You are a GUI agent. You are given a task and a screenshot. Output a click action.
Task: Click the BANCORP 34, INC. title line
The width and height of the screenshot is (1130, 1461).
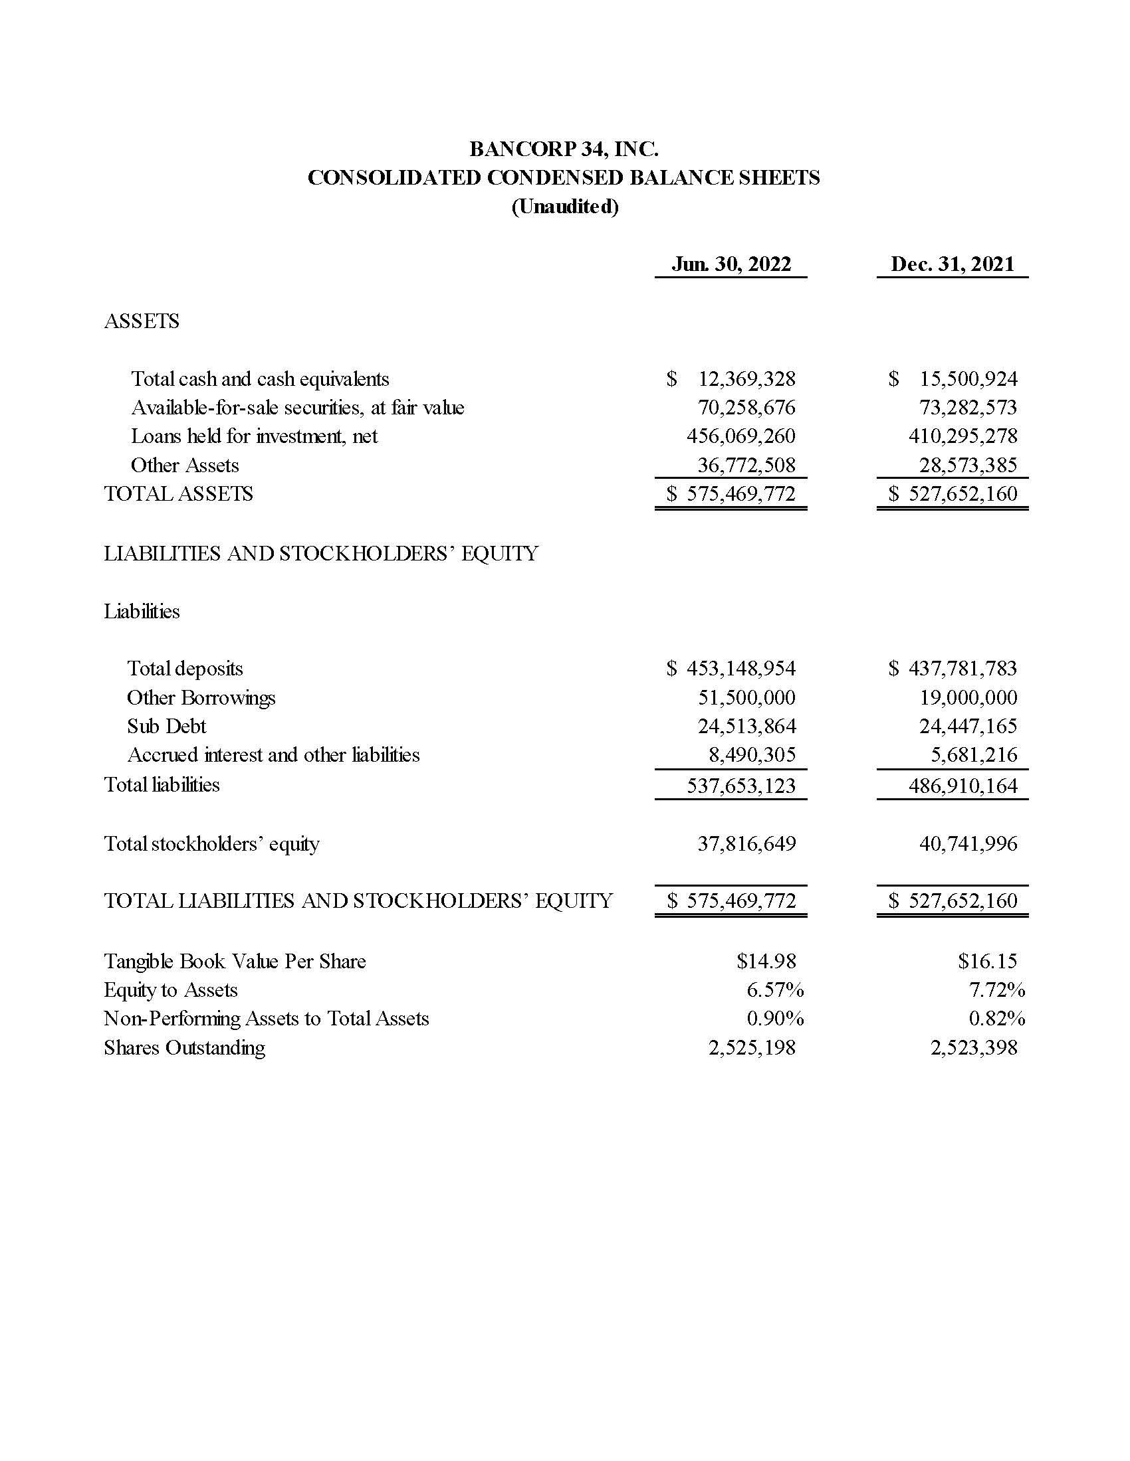coord(564,149)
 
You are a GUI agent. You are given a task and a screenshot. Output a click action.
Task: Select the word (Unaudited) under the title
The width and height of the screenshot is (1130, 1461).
coord(564,207)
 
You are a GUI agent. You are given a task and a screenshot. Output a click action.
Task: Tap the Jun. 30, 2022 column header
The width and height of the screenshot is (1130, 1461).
coord(731,264)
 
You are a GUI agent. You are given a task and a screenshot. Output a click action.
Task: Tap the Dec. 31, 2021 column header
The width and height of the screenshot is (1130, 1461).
coord(952,264)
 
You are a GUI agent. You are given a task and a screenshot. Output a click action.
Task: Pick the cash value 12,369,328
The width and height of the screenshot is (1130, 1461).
coord(746,379)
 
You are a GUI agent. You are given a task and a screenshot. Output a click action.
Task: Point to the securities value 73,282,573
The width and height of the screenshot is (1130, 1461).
coord(967,407)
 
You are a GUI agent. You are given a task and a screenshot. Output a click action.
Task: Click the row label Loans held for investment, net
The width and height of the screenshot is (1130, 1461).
coord(254,436)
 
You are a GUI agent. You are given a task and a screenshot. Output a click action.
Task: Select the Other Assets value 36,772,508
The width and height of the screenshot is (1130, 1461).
coord(746,465)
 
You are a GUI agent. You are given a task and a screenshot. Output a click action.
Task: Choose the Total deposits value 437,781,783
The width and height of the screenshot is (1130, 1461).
coord(962,668)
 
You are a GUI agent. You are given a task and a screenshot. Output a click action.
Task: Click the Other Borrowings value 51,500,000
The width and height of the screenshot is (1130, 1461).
coord(746,698)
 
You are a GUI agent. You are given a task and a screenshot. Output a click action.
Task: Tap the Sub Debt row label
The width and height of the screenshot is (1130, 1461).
coord(167,727)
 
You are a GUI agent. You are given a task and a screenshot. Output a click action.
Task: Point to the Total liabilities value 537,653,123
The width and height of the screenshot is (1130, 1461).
coord(741,786)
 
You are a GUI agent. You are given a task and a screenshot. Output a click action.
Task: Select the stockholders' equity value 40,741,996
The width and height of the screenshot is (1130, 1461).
coord(967,843)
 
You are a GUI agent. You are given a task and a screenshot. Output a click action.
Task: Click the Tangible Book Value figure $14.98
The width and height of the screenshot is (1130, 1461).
coord(766,962)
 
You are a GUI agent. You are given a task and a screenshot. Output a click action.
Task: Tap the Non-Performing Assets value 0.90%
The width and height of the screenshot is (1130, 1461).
coord(774,1019)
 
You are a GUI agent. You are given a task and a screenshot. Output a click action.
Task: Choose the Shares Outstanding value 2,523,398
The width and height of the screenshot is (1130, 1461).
coord(973,1047)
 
